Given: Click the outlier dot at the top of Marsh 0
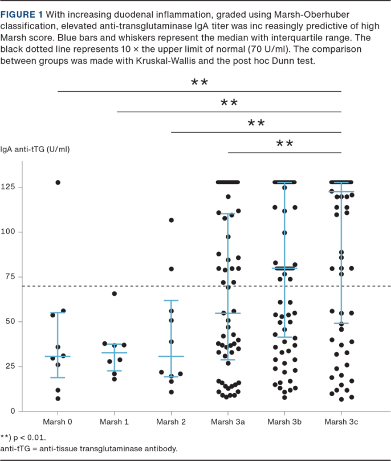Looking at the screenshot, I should (58, 182).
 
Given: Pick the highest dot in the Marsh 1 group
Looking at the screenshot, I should (114, 293).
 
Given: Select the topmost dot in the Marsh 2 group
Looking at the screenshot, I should (171, 220).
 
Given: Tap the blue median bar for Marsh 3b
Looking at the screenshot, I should (284, 268).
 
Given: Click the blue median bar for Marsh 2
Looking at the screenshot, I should (171, 356).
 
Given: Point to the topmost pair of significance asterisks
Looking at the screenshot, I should (199, 83).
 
